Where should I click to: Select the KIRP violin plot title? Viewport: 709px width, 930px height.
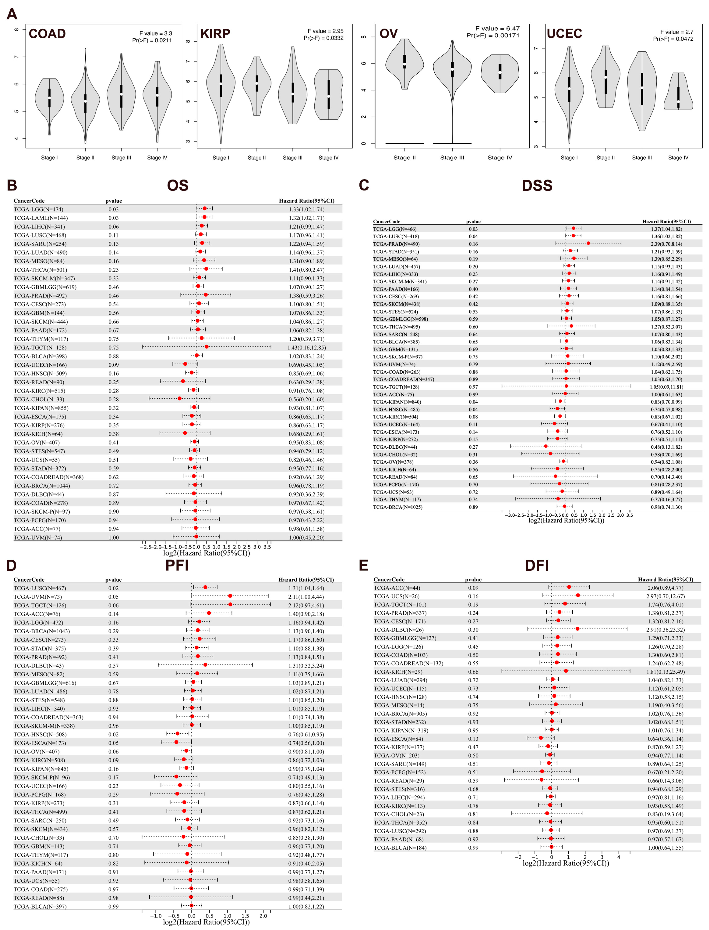tap(215, 34)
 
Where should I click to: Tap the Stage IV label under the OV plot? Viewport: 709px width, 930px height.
tap(500, 157)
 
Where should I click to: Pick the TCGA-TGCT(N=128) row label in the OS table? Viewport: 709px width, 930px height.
tap(40, 347)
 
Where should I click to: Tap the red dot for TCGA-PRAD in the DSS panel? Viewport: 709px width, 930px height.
tap(588, 243)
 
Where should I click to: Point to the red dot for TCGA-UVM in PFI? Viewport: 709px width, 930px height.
tap(230, 596)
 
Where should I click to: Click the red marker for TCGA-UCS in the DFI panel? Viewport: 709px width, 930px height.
tap(578, 595)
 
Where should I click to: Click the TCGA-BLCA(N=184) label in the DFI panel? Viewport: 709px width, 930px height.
tap(400, 848)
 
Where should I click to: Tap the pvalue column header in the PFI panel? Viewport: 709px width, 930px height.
tap(113, 580)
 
